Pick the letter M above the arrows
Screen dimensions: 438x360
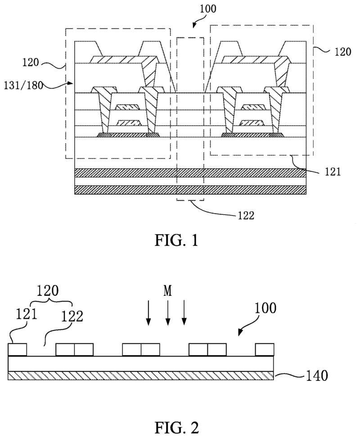pos(167,291)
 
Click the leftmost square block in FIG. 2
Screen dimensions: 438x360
pos(18,349)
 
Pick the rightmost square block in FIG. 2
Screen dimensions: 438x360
pos(265,349)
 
